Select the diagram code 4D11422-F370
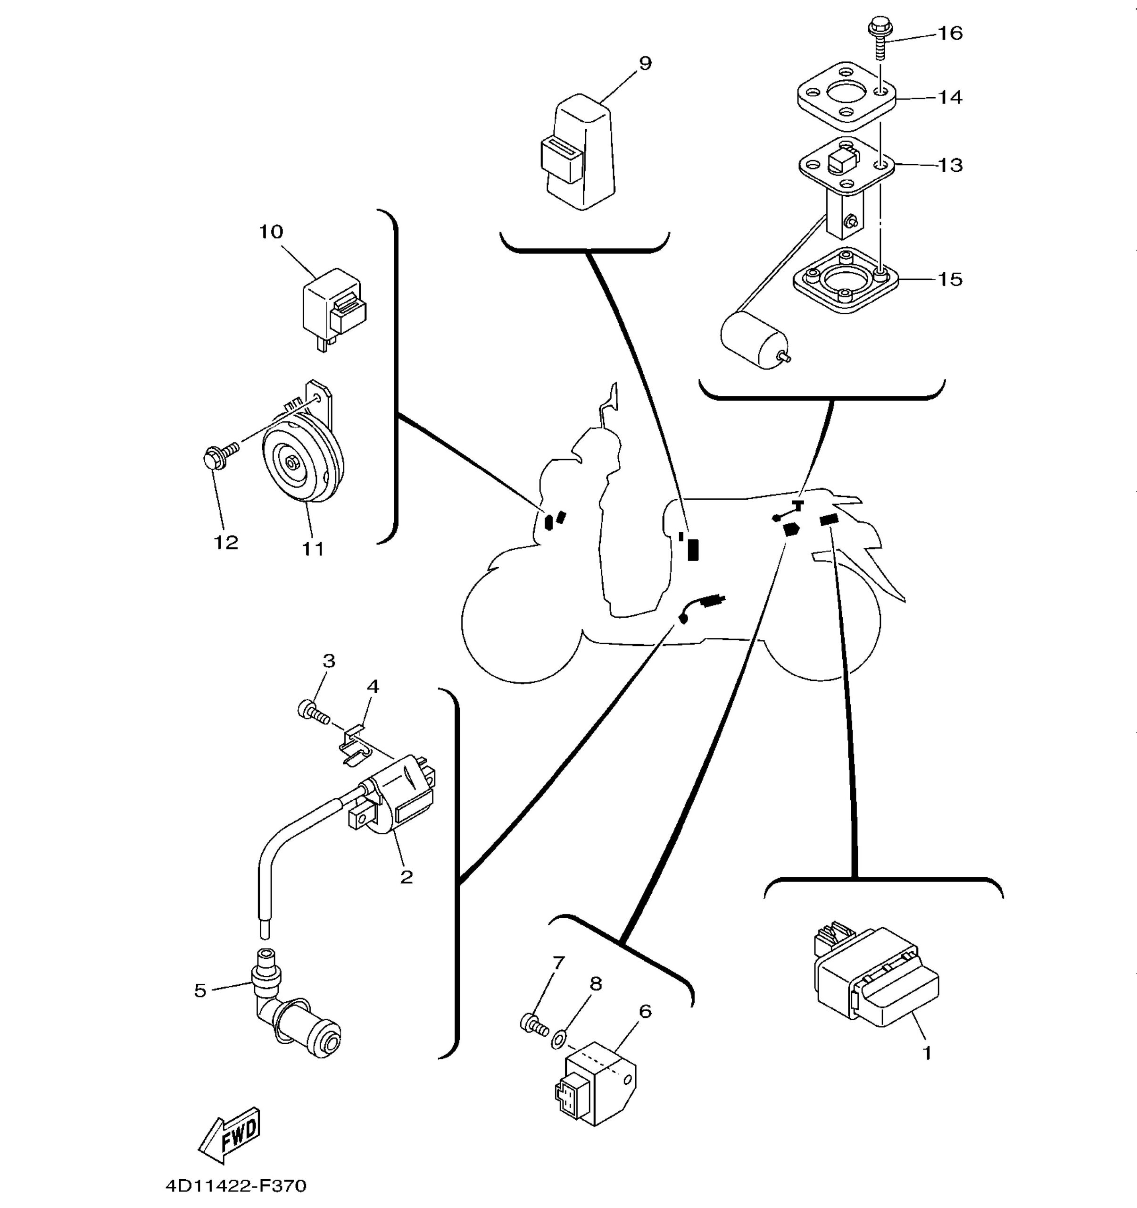[236, 1185]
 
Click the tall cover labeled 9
[578, 152]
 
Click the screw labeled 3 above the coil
[314, 712]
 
